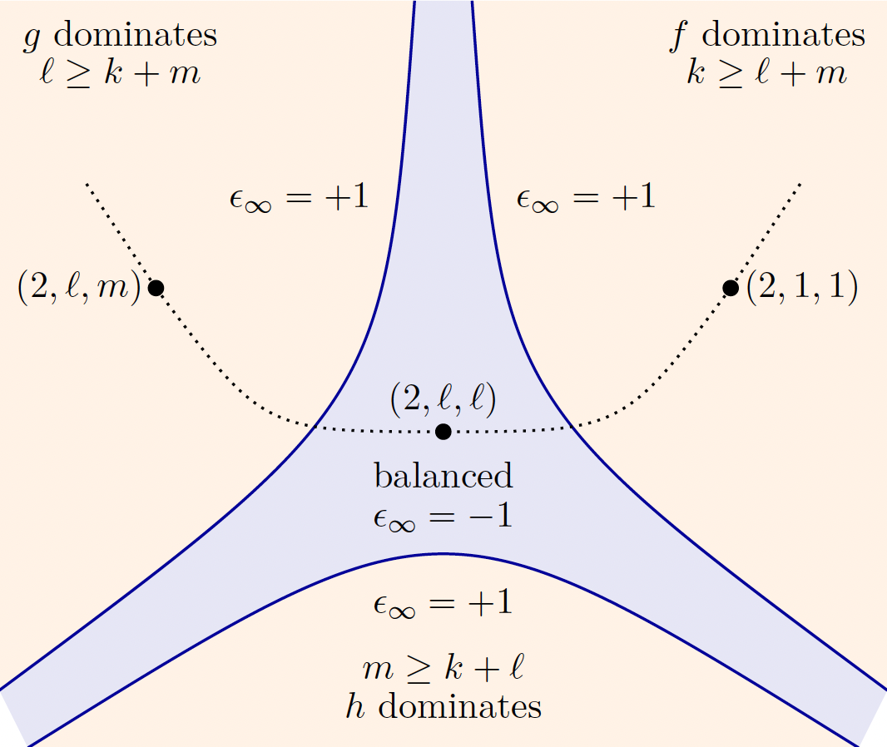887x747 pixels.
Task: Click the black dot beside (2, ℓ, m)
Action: [x=156, y=288]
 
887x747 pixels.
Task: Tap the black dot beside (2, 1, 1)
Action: [x=731, y=288]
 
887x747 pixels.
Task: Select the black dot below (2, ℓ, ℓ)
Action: [x=443, y=432]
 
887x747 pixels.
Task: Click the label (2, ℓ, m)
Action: [x=79, y=287]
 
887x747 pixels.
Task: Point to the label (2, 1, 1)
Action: [x=802, y=286]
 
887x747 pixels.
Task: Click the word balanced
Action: [x=443, y=476]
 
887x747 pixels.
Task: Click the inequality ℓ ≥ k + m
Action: [x=120, y=73]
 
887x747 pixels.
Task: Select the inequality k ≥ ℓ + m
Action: [x=767, y=73]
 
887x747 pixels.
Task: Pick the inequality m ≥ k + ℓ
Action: [x=443, y=667]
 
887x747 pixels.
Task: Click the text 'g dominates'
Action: [x=121, y=36]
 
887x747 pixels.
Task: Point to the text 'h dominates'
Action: [x=443, y=706]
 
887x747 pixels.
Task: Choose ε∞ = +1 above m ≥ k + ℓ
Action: [x=443, y=603]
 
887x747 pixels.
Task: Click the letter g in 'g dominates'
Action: [x=32, y=39]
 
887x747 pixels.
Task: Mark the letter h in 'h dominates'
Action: [x=354, y=706]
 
